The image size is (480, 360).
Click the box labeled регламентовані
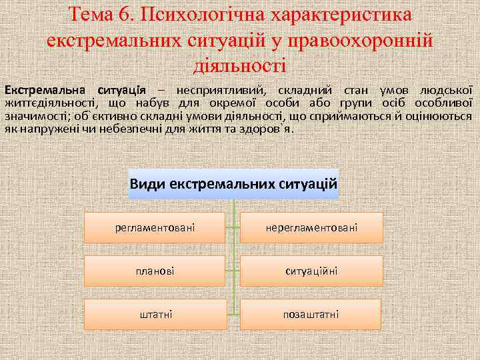(x=155, y=228)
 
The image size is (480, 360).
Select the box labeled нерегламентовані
(x=311, y=228)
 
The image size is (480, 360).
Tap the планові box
(x=155, y=271)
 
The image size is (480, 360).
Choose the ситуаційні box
(x=311, y=271)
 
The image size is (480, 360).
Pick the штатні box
(x=155, y=314)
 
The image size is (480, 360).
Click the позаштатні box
(x=311, y=314)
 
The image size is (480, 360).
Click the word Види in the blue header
(x=148, y=183)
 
